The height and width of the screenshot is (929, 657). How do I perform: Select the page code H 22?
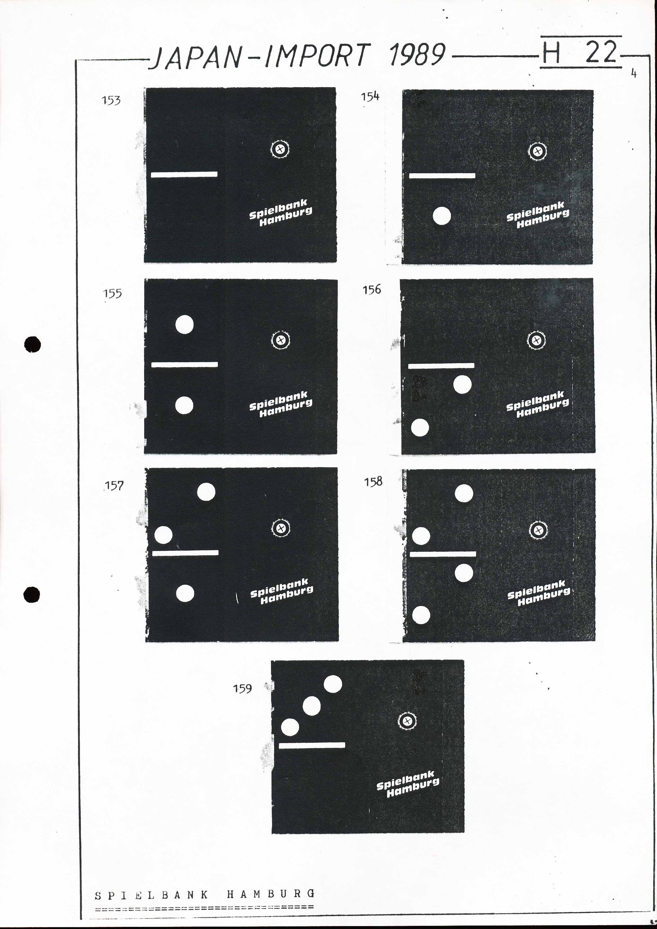coord(580,52)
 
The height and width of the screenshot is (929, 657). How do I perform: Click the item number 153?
coord(111,100)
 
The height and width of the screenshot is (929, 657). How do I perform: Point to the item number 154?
coord(370,97)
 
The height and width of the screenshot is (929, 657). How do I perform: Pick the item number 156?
coord(371,289)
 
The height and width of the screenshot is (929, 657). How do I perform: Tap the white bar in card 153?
coord(184,174)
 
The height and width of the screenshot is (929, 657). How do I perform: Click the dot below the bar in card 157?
coord(185,594)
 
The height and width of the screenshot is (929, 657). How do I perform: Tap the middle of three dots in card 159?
coord(312,706)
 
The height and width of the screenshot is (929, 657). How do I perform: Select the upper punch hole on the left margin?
coord(32,344)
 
